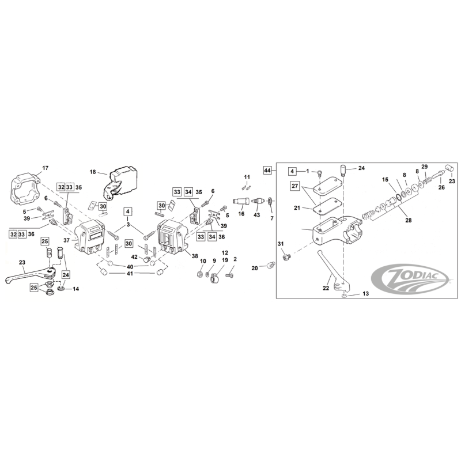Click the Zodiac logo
coord(411,277)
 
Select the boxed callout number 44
coord(267,171)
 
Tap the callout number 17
coord(46,168)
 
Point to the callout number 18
coord(93,172)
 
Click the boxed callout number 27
coord(295,186)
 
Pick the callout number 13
coord(365,294)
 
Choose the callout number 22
coord(326,288)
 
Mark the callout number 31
coord(281,244)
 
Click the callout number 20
coord(255,268)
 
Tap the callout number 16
coord(241,214)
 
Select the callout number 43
coord(256,215)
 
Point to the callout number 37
coord(67,240)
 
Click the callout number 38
coord(195,256)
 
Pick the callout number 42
coord(134,257)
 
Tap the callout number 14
coord(76,289)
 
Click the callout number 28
coord(409,220)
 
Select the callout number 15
coord(385,180)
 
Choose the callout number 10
coord(203,261)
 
